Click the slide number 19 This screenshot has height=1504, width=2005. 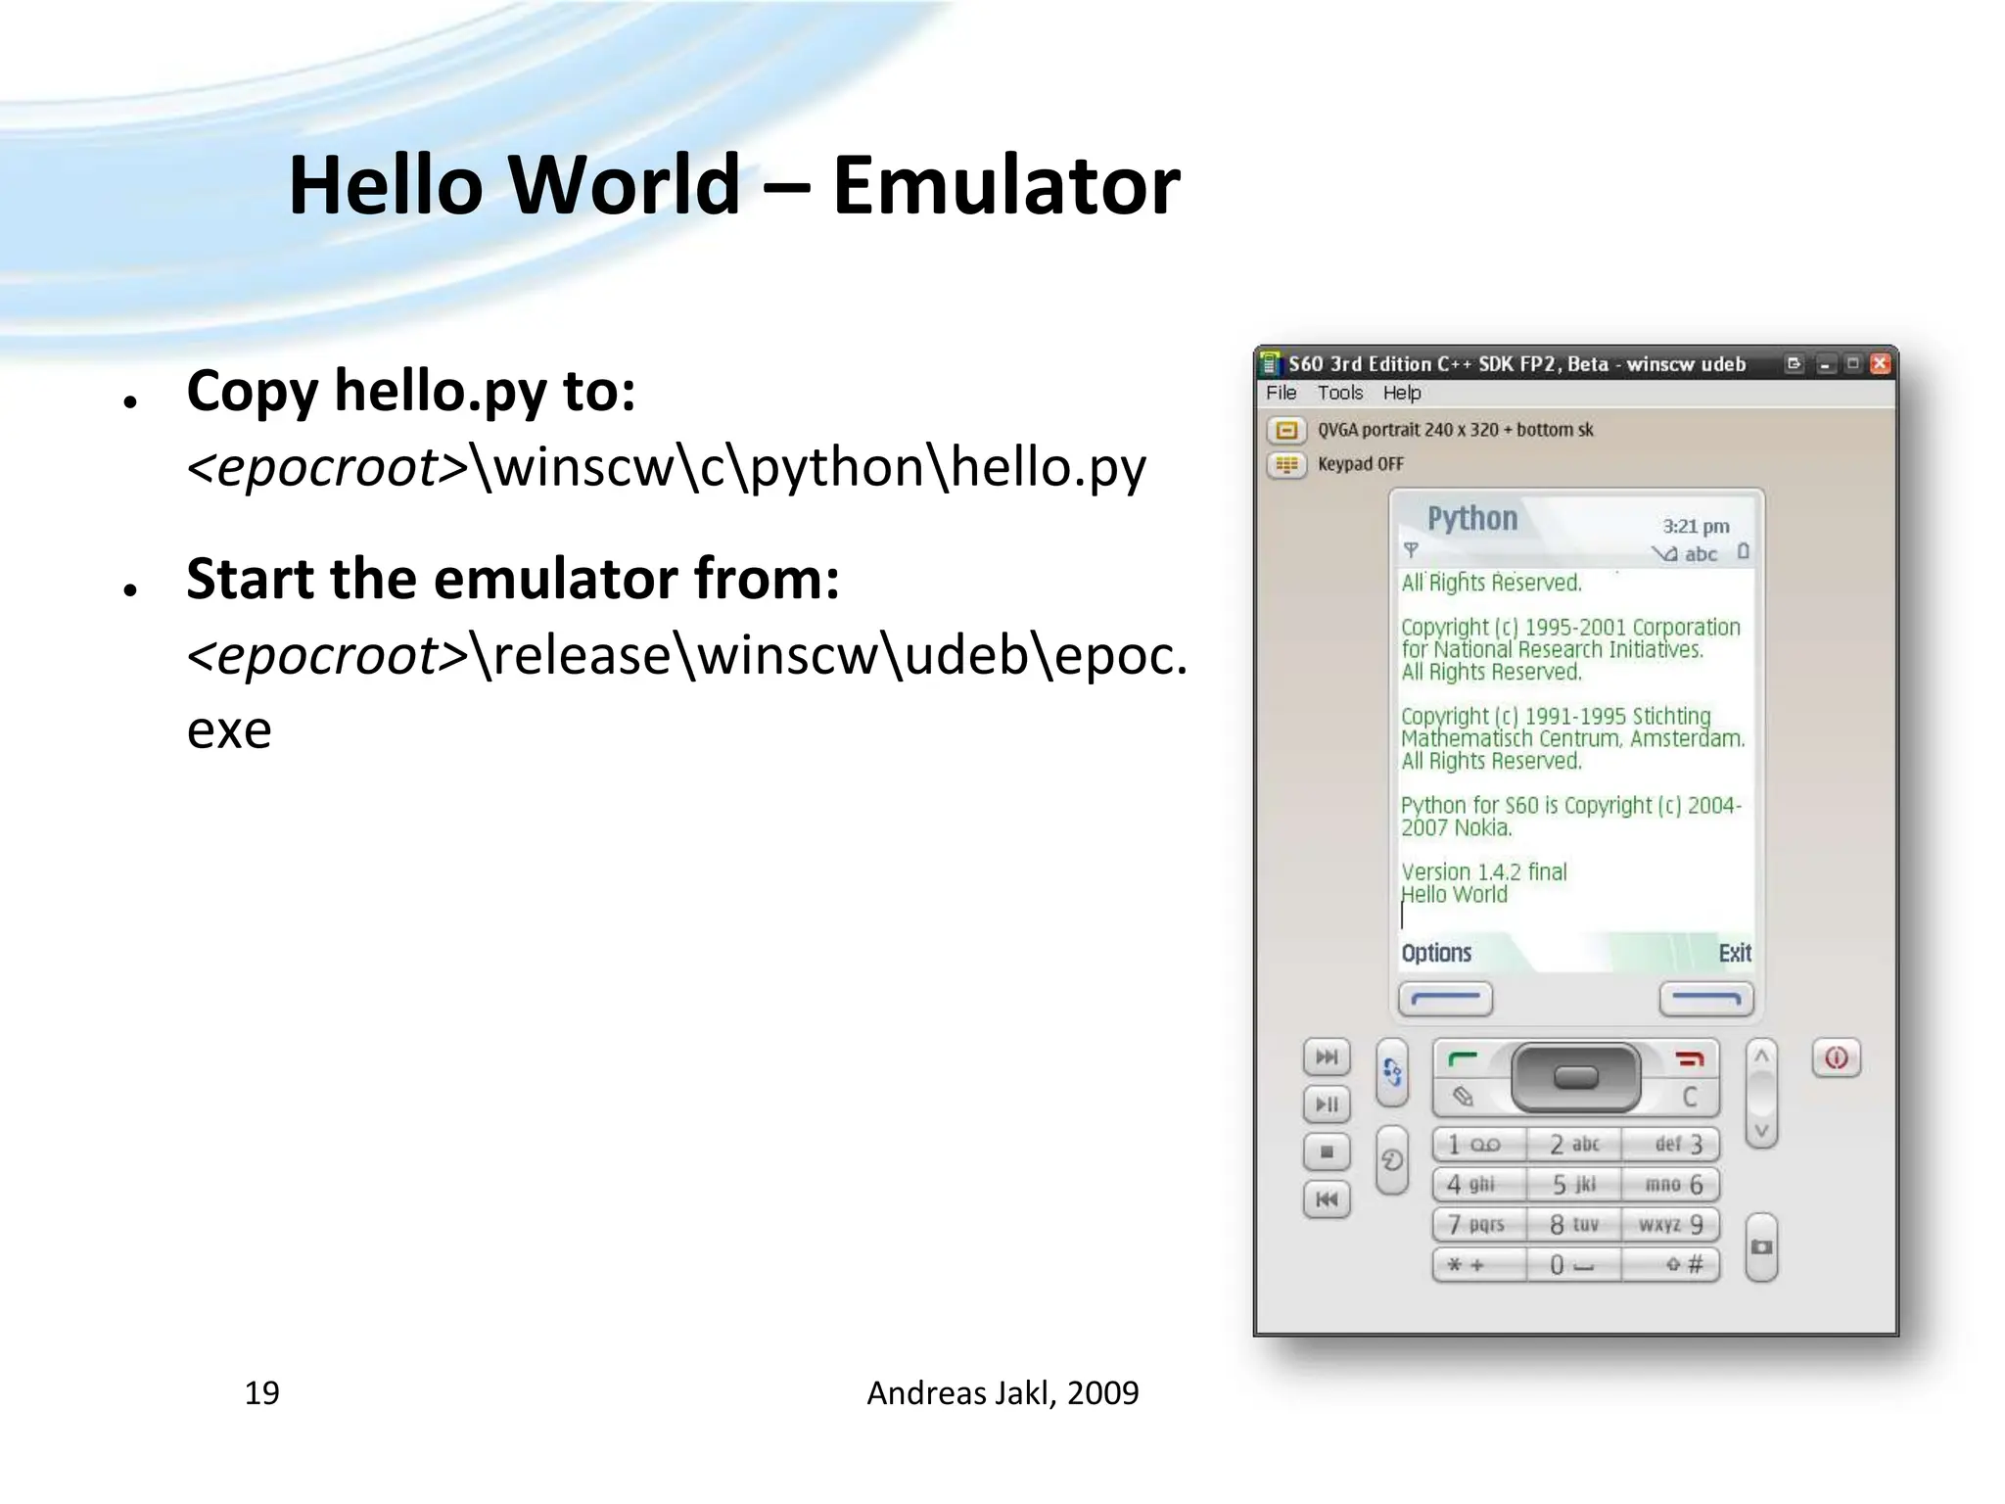(261, 1392)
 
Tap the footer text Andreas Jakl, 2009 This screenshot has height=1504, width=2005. (1002, 1392)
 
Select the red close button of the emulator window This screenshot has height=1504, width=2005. (1879, 364)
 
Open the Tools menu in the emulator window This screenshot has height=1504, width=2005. (1339, 393)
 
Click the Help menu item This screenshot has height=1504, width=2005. (1401, 393)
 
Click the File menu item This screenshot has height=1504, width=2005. (1281, 393)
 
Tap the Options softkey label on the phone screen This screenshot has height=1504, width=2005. (1435, 953)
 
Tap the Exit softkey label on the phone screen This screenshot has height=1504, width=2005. (1734, 953)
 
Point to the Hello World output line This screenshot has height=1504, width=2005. (1455, 894)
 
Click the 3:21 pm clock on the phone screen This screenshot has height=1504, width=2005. (1696, 526)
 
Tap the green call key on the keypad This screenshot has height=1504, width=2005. (1463, 1058)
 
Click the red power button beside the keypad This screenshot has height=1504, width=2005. (1836, 1058)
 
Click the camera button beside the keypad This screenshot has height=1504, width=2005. (1761, 1247)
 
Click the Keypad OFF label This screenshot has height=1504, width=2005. (1360, 464)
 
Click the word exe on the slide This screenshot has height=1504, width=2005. (229, 730)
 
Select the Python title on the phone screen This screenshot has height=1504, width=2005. (1471, 518)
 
